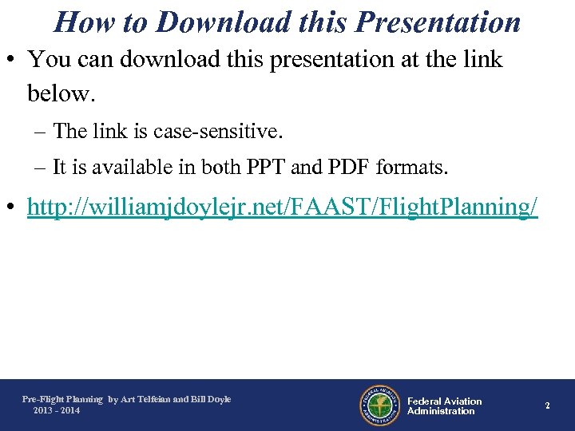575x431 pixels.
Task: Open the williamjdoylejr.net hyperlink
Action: tap(283, 208)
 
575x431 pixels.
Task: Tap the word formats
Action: tap(412, 167)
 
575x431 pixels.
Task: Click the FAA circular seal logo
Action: tap(379, 405)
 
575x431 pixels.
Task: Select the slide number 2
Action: tap(548, 405)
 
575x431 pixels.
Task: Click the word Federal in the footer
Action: tap(425, 401)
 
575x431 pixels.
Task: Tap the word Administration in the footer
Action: tap(441, 411)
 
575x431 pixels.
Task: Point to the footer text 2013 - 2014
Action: tap(57, 410)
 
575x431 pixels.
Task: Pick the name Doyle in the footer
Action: tap(217, 399)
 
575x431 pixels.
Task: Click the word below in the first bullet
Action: tap(61, 95)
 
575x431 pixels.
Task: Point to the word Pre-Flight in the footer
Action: tap(42, 399)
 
